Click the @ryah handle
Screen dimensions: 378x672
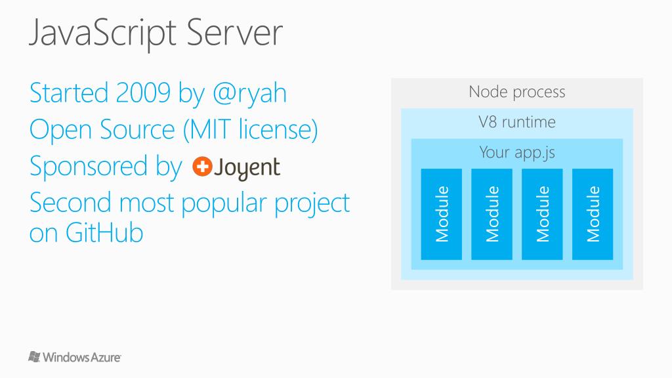click(249, 94)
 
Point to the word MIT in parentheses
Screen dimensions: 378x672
click(209, 130)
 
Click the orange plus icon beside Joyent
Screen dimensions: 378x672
click(201, 167)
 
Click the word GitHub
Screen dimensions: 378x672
click(105, 234)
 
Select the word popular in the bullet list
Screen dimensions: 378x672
click(224, 204)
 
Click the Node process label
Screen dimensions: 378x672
click(516, 92)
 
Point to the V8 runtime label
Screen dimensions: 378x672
click(516, 122)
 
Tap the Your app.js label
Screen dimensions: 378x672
click(516, 152)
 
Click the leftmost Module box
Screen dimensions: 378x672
click(441, 214)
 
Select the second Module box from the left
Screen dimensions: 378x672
click(492, 214)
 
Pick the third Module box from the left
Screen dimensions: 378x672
click(542, 214)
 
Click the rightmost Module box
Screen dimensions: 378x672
click(593, 214)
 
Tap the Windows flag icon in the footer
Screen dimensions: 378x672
click(34, 356)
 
